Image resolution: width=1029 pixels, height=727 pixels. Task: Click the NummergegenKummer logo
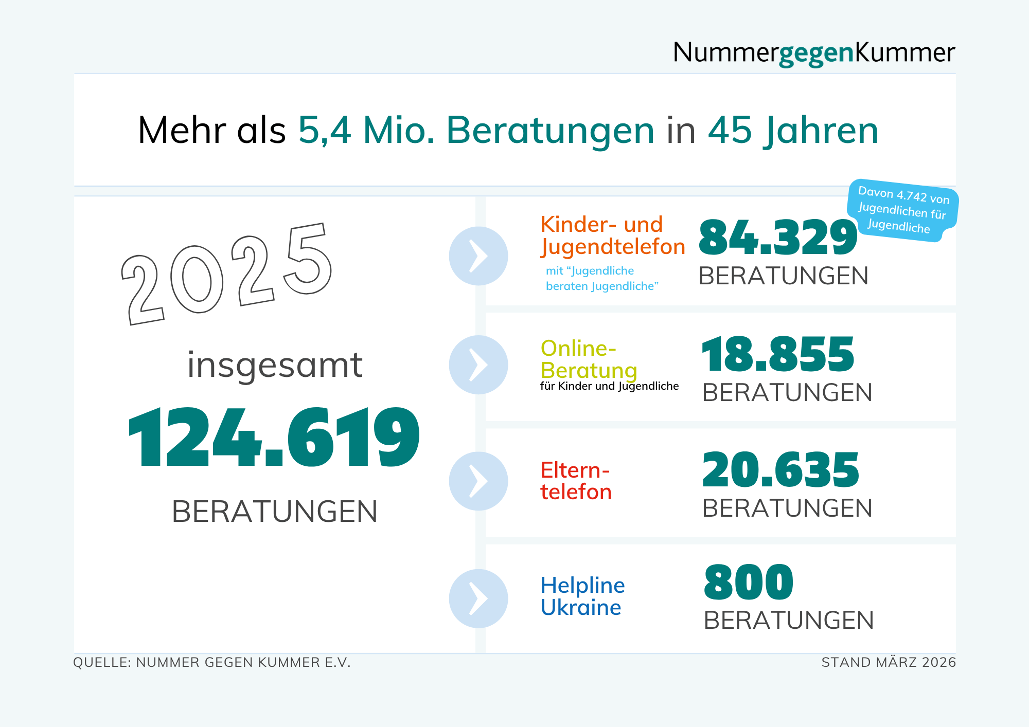tap(813, 53)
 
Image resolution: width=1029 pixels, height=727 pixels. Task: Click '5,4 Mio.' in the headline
tap(366, 131)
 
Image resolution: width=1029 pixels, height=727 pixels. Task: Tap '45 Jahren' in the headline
tap(793, 131)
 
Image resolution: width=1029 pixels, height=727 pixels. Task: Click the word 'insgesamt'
tap(275, 365)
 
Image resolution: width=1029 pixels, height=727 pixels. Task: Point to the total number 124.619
tap(274, 437)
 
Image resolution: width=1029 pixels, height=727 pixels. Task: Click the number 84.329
tap(777, 238)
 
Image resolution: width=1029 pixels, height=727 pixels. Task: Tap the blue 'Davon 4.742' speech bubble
tap(902, 210)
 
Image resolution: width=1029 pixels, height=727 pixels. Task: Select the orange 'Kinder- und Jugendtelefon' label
tap(612, 235)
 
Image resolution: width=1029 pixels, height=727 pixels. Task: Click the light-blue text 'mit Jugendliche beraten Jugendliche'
tap(601, 279)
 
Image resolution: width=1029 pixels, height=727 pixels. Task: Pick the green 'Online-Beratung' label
tap(589, 359)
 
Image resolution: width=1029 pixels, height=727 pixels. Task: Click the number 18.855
tap(777, 354)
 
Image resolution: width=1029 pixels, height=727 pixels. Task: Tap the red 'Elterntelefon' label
tap(576, 481)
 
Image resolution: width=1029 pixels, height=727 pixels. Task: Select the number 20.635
tap(780, 470)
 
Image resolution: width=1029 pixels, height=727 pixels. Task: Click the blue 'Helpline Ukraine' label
tap(582, 596)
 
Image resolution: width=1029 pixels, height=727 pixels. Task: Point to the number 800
tap(749, 583)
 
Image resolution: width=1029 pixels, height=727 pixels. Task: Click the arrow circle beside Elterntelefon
tap(478, 481)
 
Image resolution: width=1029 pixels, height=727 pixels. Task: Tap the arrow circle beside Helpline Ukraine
tap(478, 598)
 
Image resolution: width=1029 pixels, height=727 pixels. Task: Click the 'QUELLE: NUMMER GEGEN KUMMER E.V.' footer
tap(212, 663)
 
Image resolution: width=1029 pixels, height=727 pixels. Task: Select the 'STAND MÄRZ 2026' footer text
tap(889, 663)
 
